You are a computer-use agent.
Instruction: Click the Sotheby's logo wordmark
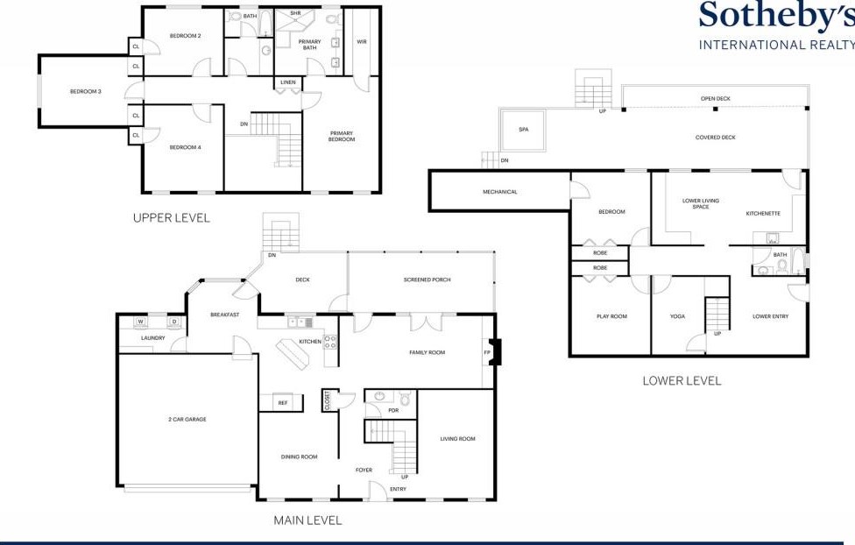(x=777, y=15)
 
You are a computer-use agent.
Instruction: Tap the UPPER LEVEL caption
(x=171, y=218)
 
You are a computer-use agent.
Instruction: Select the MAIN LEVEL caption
(x=307, y=520)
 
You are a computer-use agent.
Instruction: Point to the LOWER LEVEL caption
(x=682, y=381)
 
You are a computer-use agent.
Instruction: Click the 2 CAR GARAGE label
(x=187, y=420)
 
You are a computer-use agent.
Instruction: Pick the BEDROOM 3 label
(x=86, y=92)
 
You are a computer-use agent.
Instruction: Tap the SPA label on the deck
(x=524, y=130)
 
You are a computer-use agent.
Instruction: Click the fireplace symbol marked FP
(x=493, y=352)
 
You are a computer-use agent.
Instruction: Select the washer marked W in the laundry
(x=141, y=322)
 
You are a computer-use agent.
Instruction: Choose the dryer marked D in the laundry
(x=174, y=322)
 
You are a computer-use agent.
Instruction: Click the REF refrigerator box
(x=281, y=402)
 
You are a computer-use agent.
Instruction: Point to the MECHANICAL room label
(x=500, y=192)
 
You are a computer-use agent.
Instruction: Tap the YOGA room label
(x=677, y=316)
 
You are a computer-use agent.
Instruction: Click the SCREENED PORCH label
(x=427, y=280)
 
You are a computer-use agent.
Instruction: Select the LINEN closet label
(x=288, y=82)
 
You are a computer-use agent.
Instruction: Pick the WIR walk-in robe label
(x=362, y=42)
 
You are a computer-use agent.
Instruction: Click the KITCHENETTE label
(x=763, y=214)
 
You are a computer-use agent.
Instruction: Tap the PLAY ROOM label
(x=611, y=316)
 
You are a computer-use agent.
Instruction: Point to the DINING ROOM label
(x=299, y=457)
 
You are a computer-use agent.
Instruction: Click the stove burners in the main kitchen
(x=330, y=342)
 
